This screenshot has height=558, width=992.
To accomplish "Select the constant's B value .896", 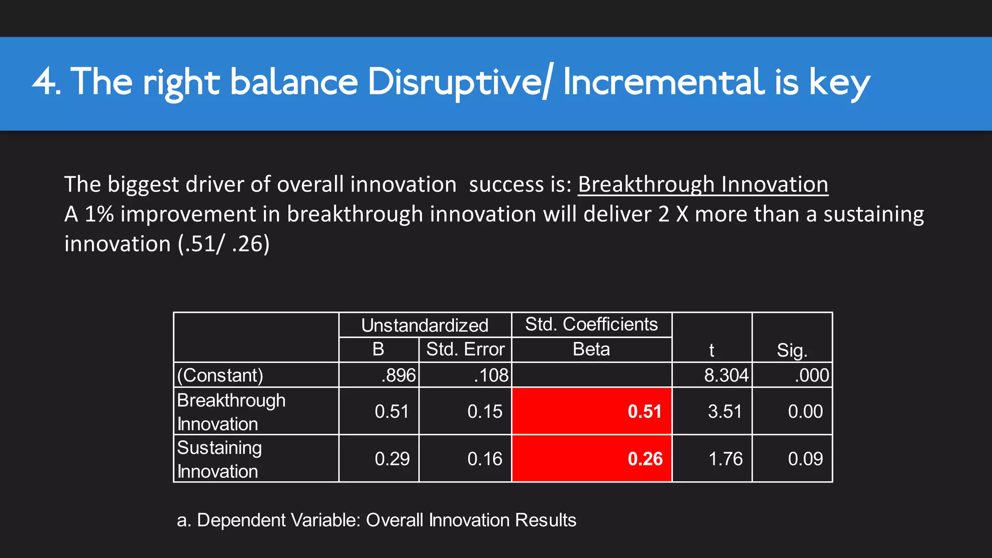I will coord(398,375).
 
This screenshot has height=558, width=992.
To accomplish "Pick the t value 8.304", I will coord(726,375).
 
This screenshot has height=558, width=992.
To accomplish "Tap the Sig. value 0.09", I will coord(805,459).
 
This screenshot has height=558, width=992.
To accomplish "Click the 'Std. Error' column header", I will coord(465,349).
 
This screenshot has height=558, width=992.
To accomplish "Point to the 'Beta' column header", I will coord(591,349).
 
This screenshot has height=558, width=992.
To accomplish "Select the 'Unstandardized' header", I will coord(424,325).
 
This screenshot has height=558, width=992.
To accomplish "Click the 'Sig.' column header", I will coord(792,350).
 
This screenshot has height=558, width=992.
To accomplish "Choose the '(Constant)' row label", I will coord(220,375).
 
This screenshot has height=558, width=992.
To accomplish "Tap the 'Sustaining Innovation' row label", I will coord(219,459).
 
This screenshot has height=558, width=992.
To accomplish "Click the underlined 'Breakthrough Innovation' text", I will coord(703,185).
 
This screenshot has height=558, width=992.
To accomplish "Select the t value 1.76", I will coord(725,459).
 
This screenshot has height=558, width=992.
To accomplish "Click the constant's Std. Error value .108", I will coord(491,375).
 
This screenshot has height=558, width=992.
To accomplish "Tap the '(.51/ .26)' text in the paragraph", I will coord(223,244).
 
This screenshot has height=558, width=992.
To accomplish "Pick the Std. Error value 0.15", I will coord(484,411).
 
